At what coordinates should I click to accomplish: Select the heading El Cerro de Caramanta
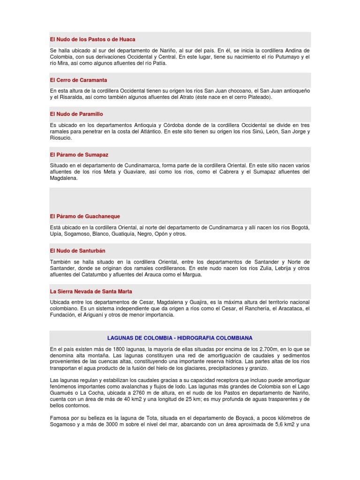coord(78,80)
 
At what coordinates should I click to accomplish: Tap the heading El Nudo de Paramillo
coord(76,114)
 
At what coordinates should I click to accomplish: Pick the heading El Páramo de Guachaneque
coord(85,216)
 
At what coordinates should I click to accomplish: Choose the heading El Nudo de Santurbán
coord(78,251)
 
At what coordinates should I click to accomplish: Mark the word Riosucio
coord(60,138)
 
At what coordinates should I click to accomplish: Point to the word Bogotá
coord(300,227)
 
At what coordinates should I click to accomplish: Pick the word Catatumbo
coord(94,274)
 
